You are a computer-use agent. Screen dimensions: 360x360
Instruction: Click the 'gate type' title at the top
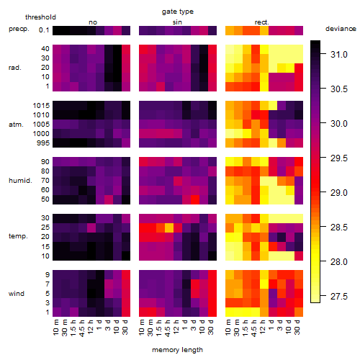pos(178,12)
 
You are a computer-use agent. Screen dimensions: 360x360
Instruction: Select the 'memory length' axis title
pos(178,350)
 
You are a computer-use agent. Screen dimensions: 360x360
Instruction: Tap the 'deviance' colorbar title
pos(341,29)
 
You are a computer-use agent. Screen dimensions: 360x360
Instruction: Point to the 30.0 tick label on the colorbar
pos(339,124)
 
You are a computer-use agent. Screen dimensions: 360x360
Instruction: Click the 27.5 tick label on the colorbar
pos(339,297)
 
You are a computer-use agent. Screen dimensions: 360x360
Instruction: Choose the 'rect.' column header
pos(261,22)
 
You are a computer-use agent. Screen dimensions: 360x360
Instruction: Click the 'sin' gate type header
pos(177,22)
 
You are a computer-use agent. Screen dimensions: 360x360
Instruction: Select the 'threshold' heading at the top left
pos(40,17)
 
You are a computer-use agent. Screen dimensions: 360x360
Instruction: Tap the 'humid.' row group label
pos(20,181)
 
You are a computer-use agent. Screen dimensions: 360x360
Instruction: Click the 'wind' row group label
pos(17,294)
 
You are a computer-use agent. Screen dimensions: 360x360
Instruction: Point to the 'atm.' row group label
pos(16,125)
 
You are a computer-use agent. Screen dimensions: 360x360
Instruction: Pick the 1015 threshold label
pos(41,106)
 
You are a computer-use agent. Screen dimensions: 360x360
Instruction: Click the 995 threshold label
pos(43,143)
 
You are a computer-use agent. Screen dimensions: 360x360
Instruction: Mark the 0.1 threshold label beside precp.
pos(44,30)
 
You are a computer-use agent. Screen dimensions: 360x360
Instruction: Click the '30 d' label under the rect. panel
pos(297,327)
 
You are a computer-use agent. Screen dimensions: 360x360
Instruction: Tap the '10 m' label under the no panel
pos(55,328)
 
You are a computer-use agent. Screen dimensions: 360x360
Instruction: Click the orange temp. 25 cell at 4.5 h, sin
pos(169,228)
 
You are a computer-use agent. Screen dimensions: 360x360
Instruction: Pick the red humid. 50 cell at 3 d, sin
pos(195,199)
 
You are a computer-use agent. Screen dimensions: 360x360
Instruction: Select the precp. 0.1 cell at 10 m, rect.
pos(230,30)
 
